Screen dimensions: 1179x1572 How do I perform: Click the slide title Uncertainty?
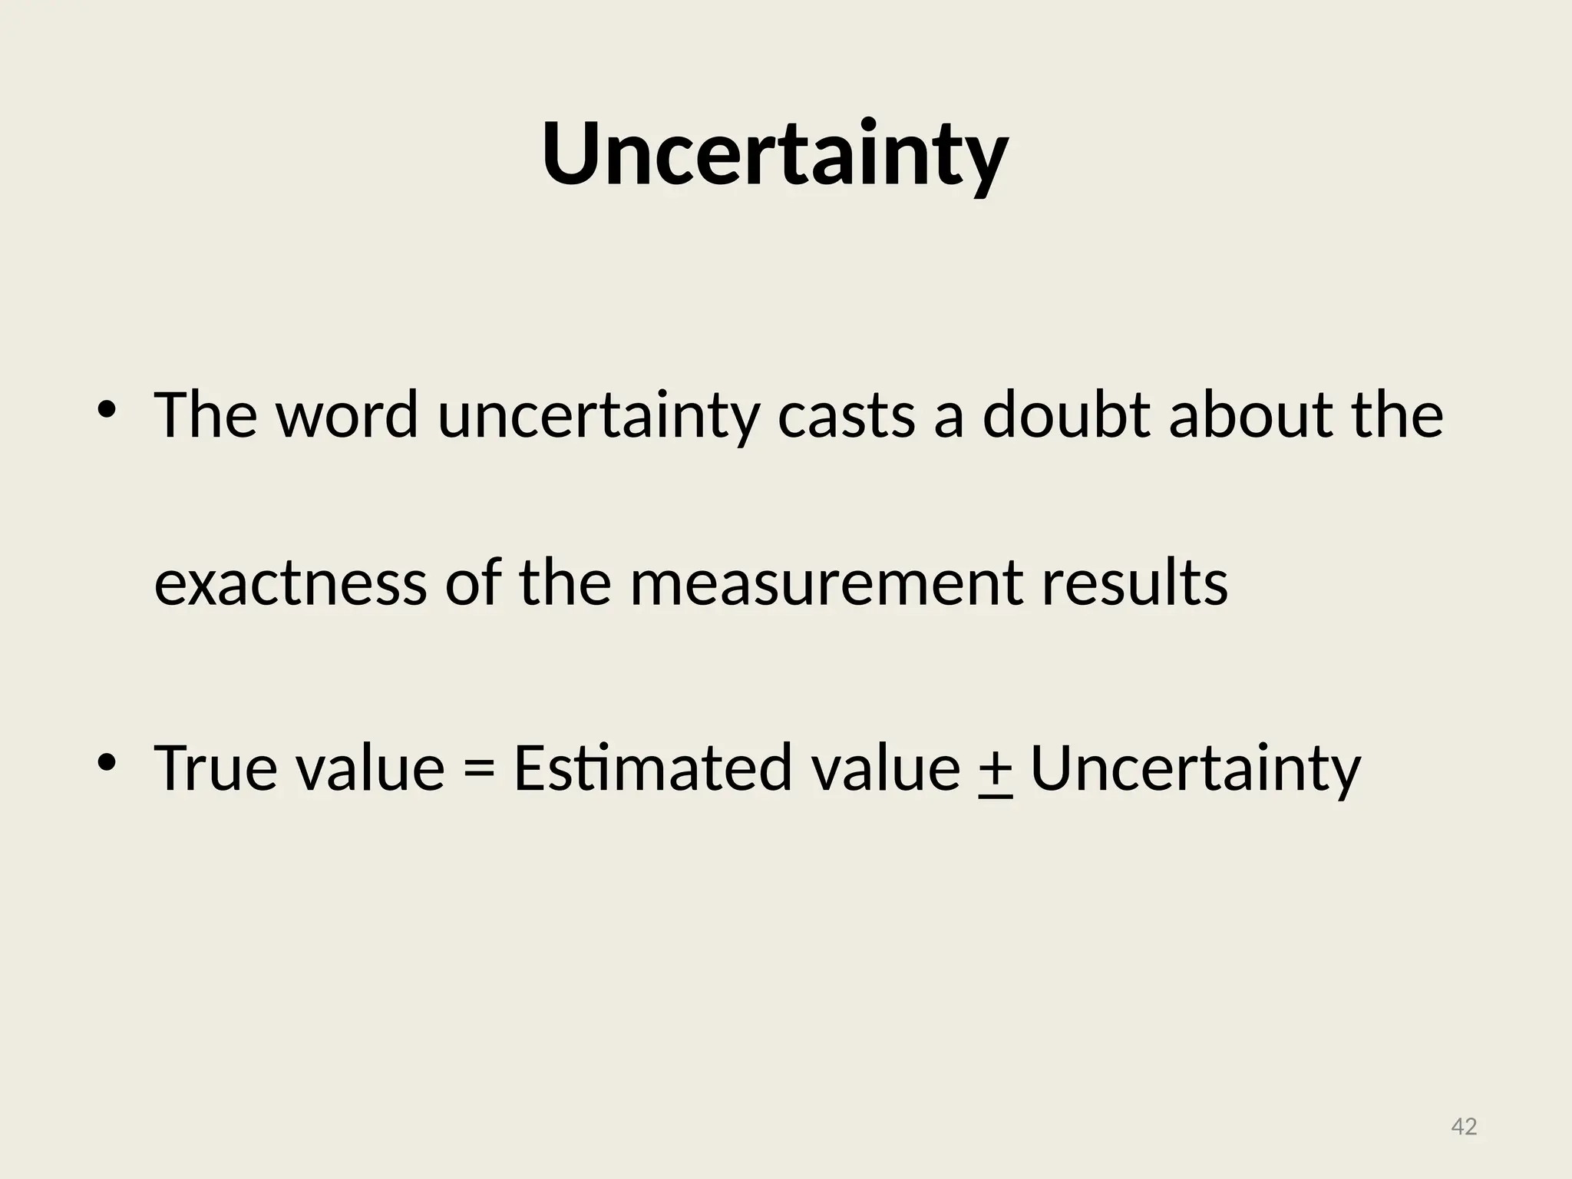pyautogui.click(x=774, y=155)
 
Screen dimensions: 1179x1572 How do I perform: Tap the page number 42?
pyautogui.click(x=1464, y=1127)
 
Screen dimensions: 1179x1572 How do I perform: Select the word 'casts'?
pyautogui.click(x=847, y=417)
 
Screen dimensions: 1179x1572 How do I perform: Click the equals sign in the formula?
pyautogui.click(x=479, y=769)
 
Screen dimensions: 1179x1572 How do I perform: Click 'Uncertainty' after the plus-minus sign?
pyautogui.click(x=1195, y=771)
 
